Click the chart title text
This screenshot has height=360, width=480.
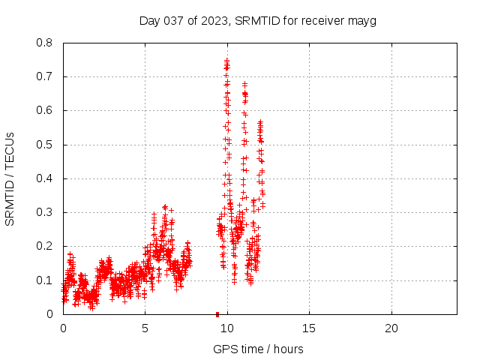coord(257,20)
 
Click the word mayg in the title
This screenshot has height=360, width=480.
coord(361,20)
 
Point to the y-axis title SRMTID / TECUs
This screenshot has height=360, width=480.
coord(10,178)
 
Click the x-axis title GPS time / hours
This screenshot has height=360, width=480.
coord(258,349)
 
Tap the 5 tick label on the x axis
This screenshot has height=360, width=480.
coord(145,328)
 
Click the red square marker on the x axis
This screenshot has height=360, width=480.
coord(217,313)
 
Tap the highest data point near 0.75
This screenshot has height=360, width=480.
coord(226,59)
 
